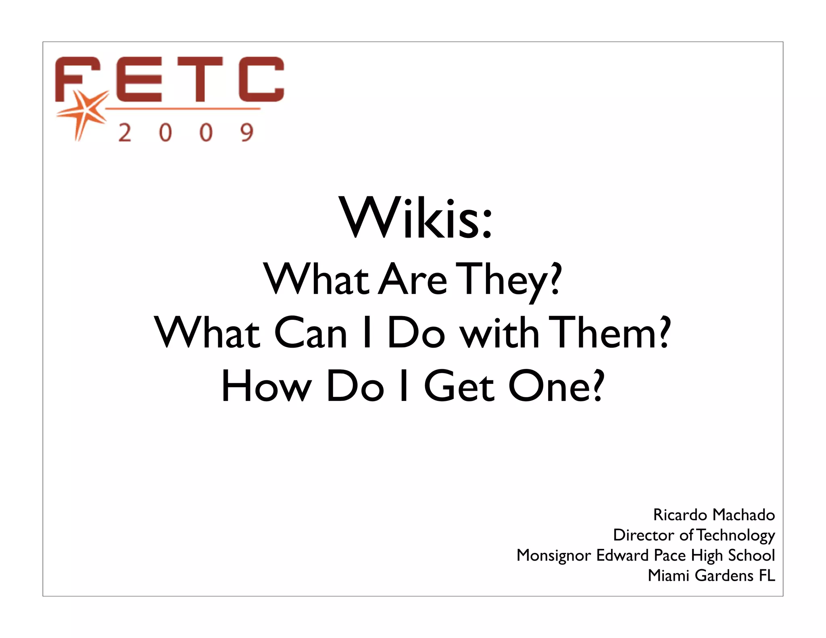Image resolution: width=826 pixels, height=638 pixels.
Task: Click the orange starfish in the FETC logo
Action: coord(85,112)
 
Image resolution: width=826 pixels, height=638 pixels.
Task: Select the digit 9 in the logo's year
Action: coord(246,133)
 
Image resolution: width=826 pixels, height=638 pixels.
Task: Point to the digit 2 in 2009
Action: coord(125,133)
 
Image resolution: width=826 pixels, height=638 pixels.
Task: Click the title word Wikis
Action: coord(415,218)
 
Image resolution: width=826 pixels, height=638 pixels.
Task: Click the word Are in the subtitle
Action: coord(413,279)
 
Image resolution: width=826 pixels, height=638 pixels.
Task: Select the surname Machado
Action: coord(744,515)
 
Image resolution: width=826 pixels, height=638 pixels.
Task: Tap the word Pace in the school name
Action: coord(670,555)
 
